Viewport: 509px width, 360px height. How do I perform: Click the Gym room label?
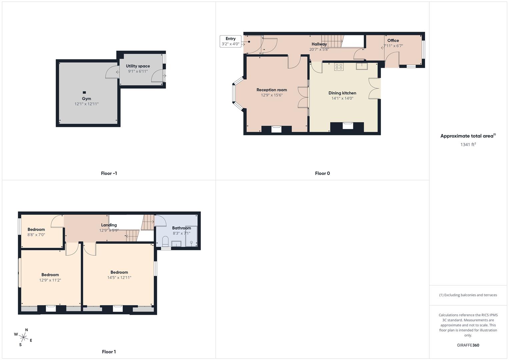[86, 99]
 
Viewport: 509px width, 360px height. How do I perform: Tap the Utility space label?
[138, 66]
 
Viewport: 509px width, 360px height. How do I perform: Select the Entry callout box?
[230, 41]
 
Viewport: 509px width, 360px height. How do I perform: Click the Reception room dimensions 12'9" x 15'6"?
[272, 95]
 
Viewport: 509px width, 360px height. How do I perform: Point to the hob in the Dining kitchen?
[339, 67]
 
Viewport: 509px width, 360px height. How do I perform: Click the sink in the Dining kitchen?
[361, 66]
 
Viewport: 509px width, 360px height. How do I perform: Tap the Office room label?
[393, 41]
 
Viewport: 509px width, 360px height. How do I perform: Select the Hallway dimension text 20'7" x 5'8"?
[319, 49]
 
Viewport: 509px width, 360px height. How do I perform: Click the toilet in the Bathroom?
[165, 241]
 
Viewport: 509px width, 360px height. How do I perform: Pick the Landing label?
[109, 225]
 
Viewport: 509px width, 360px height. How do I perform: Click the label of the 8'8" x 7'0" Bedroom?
[36, 229]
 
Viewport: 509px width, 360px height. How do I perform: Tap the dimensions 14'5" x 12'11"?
[119, 278]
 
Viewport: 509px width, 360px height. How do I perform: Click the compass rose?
[23, 337]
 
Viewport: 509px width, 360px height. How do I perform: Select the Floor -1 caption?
[109, 173]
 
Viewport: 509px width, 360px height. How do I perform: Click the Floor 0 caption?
[322, 173]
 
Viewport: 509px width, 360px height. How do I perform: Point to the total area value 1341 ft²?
[468, 144]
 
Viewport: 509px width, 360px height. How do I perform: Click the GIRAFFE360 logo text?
[468, 345]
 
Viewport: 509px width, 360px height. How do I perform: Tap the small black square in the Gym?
[84, 92]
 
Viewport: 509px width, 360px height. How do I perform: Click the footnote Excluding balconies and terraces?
[468, 295]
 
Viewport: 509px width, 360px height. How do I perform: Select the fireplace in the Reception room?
[276, 129]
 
